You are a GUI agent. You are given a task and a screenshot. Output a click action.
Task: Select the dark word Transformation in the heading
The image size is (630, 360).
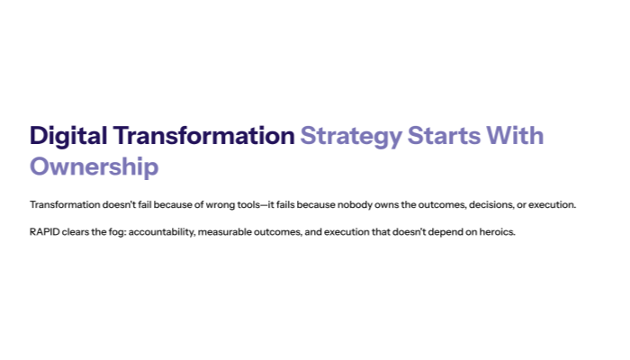click(202, 136)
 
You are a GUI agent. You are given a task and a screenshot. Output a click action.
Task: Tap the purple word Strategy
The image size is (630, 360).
click(351, 136)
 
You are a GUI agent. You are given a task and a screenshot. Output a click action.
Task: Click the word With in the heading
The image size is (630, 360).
click(514, 136)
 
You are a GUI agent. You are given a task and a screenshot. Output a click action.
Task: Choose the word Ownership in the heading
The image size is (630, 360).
click(94, 166)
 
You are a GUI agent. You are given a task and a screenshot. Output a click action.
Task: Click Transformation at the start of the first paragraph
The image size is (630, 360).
click(62, 205)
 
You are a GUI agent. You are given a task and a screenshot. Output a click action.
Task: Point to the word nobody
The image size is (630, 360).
click(353, 205)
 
